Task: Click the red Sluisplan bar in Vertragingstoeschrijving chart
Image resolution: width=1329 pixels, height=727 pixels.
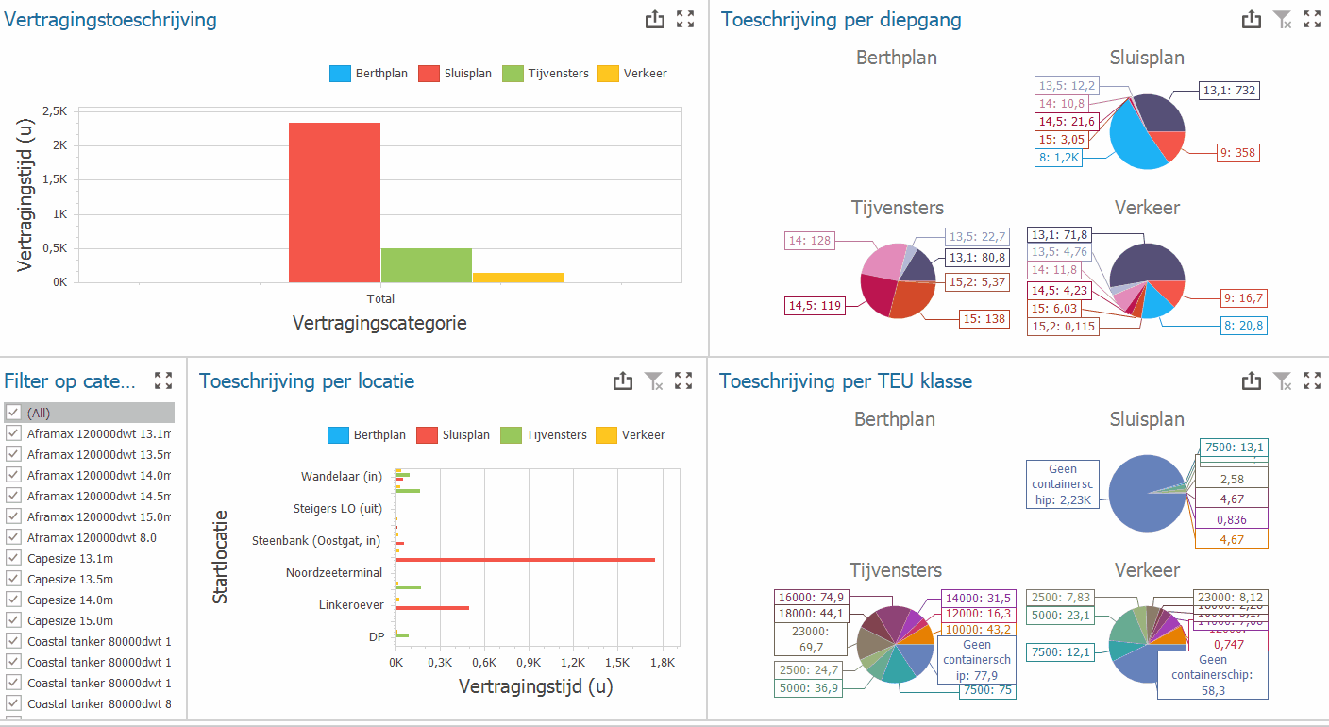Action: [334, 202]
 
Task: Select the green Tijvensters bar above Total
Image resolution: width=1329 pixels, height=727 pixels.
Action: [426, 265]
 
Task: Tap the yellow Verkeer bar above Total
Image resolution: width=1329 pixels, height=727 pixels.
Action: [518, 277]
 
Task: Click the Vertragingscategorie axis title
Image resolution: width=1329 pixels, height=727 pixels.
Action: [379, 323]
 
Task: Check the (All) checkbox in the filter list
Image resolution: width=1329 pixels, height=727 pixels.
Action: [13, 413]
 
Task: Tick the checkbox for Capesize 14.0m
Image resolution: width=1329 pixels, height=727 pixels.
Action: [13, 600]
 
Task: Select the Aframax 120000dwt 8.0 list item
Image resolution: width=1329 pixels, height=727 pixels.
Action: [92, 537]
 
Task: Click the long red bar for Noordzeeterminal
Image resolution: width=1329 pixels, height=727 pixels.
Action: [525, 560]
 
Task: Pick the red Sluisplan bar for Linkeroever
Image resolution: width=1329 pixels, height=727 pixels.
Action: [432, 607]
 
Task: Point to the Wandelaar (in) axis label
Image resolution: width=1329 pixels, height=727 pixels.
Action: [341, 477]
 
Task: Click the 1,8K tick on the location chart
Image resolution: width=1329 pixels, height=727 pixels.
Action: [662, 663]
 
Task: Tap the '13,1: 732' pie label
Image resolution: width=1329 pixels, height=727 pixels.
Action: [1229, 91]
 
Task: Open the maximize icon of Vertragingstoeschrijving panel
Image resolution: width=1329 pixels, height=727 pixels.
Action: [685, 19]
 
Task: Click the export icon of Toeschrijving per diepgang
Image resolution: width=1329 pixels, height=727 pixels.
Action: [1251, 19]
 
